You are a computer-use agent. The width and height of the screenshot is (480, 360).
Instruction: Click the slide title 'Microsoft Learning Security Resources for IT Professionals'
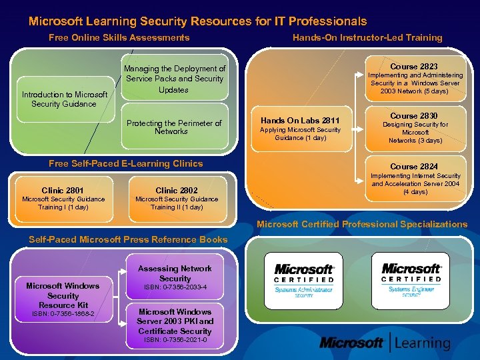coord(197,21)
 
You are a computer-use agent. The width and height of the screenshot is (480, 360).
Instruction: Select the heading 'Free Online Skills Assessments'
coord(119,38)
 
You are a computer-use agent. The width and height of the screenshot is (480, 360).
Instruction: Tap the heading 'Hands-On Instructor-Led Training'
coord(367,38)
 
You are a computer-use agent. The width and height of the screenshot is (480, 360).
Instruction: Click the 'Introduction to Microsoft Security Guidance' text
coord(63,99)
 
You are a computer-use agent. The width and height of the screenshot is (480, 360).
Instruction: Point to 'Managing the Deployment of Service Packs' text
coord(175,79)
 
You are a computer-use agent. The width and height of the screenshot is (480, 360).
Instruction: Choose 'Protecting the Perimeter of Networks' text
coord(174,127)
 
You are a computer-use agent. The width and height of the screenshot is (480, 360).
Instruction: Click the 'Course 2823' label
coord(414,67)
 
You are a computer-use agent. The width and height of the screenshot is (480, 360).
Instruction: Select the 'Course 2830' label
coord(414,115)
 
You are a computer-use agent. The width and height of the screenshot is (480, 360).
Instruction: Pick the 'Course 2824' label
coord(414,166)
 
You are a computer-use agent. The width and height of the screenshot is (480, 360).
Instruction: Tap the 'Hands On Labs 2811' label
coord(300,121)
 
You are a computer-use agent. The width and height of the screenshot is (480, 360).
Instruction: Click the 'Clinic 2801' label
coord(63,190)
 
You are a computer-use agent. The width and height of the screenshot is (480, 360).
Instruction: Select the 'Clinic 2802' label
coord(177,190)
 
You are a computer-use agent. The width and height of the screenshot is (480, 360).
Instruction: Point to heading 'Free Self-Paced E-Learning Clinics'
coord(126,163)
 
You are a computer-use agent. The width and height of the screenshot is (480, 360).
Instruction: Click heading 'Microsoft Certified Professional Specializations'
coord(362,224)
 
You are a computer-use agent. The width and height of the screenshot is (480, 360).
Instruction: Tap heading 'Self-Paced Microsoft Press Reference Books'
coord(128,239)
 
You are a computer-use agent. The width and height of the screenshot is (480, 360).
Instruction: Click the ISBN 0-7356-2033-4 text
coord(175,287)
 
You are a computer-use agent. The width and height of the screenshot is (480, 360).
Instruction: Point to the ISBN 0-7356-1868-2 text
coord(63,314)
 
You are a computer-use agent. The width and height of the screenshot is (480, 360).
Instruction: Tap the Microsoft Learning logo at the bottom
coord(385,343)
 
